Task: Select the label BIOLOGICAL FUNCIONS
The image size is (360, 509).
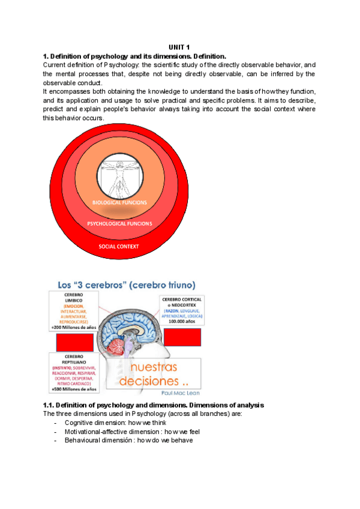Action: (119, 203)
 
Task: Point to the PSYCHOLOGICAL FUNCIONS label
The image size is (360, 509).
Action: (120, 223)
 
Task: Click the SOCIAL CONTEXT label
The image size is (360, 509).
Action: (119, 246)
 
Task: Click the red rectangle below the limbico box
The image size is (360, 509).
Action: (74, 342)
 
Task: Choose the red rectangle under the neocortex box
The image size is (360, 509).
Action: (182, 338)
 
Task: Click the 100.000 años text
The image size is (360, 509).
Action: (182, 322)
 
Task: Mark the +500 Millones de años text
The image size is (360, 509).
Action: (73, 390)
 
